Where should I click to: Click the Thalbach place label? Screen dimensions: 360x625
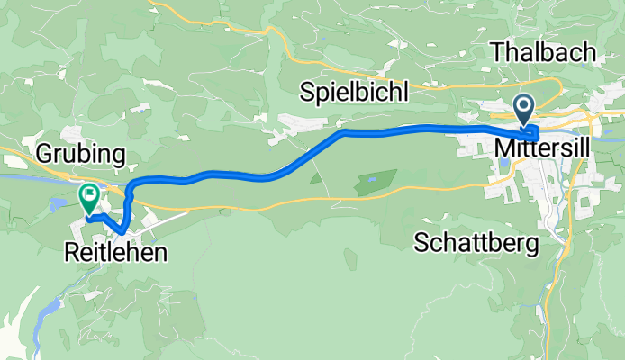544,52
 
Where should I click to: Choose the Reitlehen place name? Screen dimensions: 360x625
116,254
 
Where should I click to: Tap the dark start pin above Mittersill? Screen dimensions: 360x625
524,110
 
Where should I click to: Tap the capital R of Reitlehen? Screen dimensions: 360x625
72,254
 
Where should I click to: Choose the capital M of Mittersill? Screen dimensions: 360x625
503,146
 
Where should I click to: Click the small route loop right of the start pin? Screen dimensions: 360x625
534,133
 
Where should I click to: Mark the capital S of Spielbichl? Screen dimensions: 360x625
307,92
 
